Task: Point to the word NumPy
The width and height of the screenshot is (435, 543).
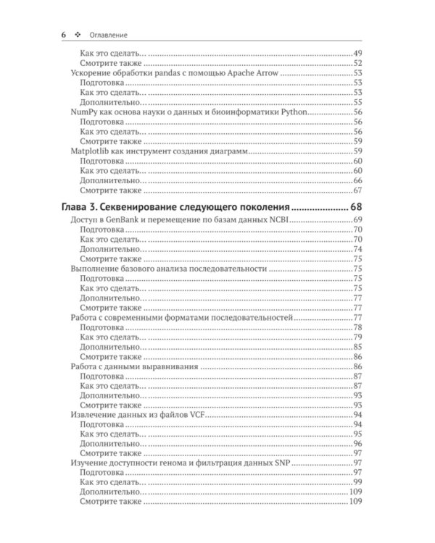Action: pos(81,113)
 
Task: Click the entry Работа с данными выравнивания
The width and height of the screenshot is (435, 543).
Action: pos(135,367)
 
